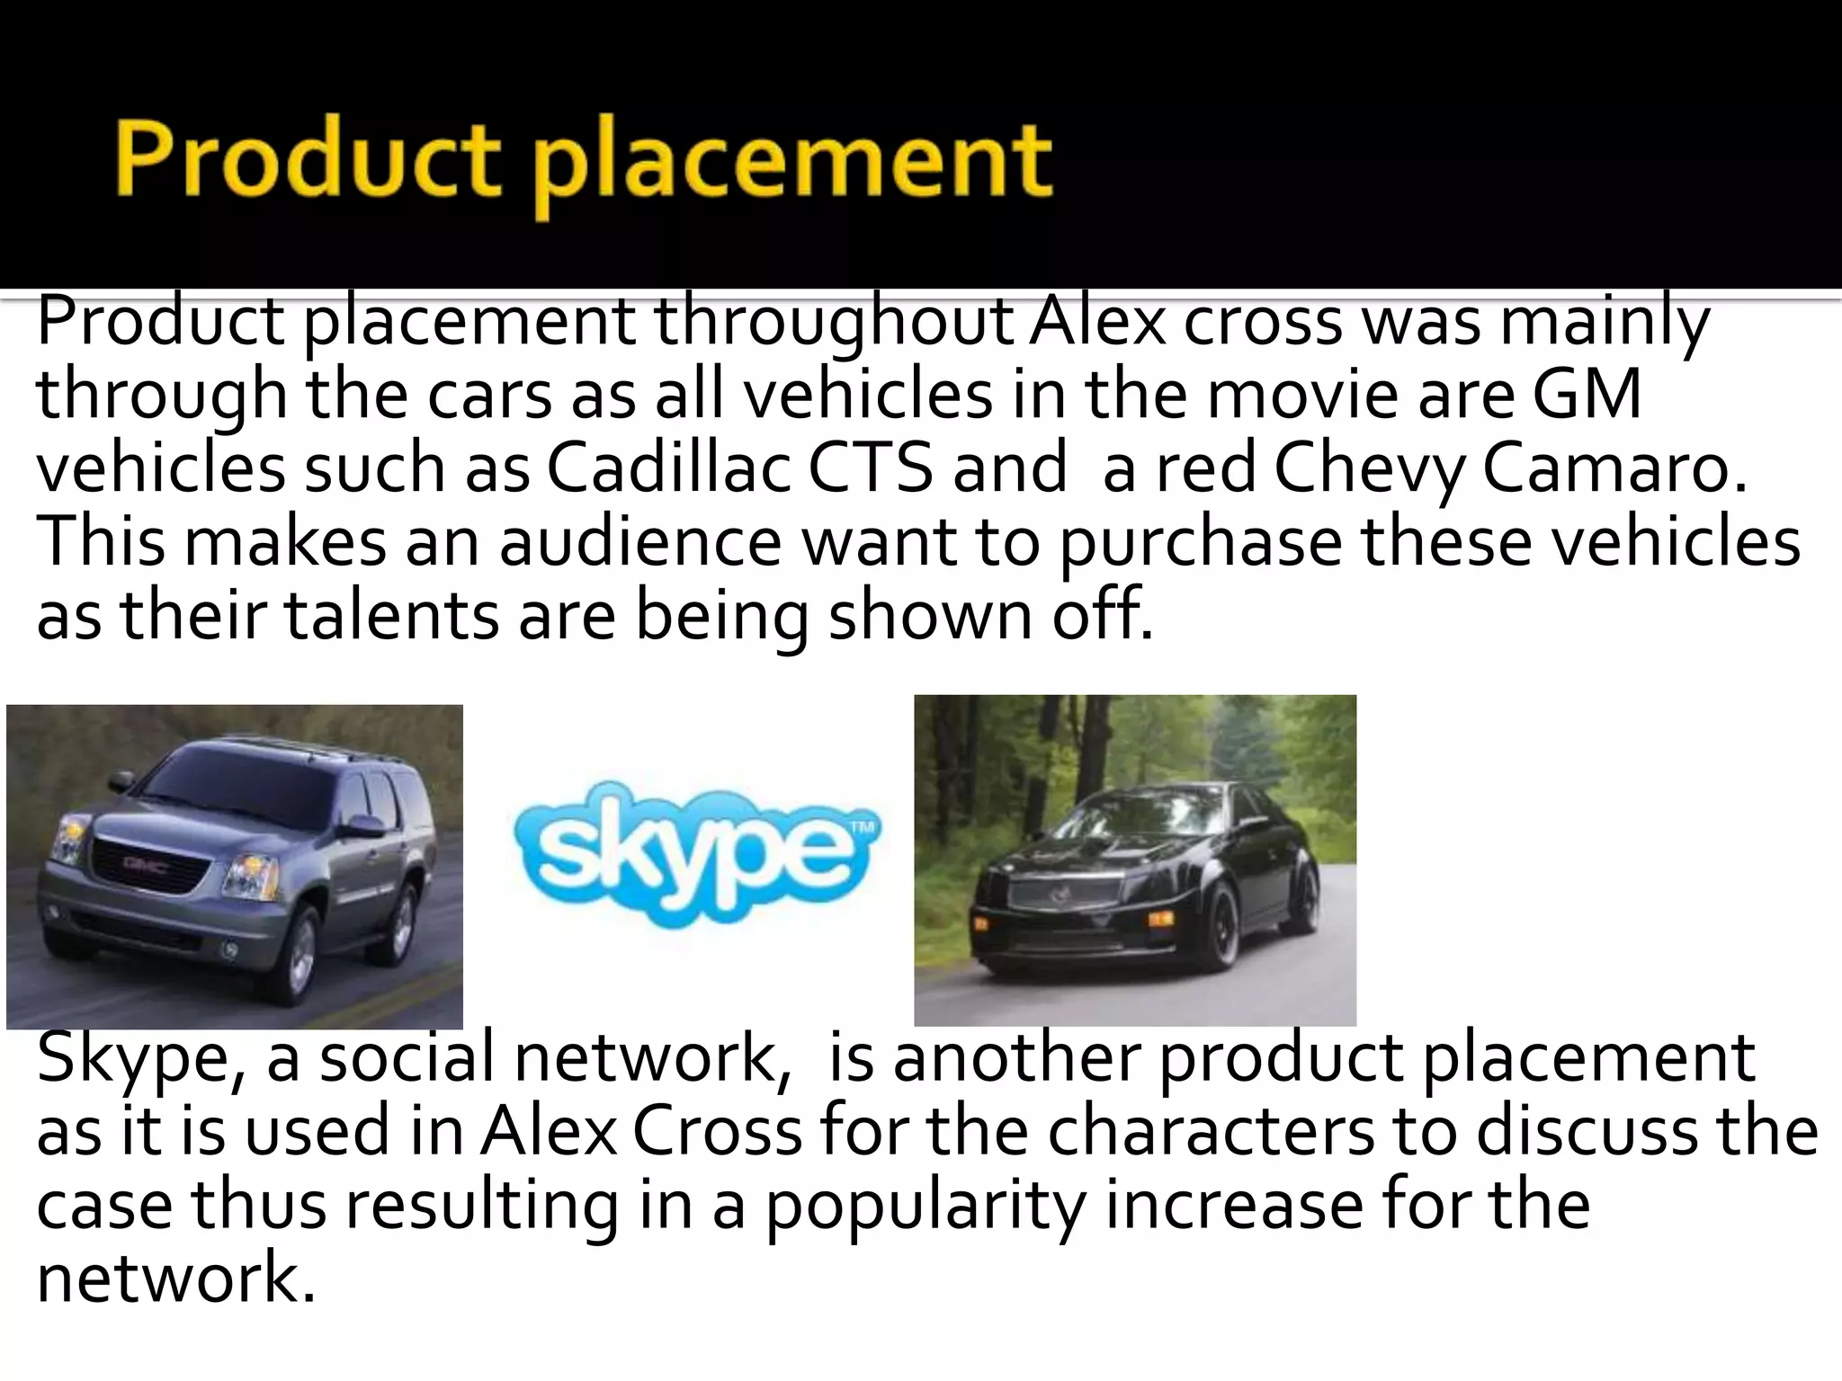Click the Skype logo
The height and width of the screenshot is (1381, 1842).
(x=696, y=850)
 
